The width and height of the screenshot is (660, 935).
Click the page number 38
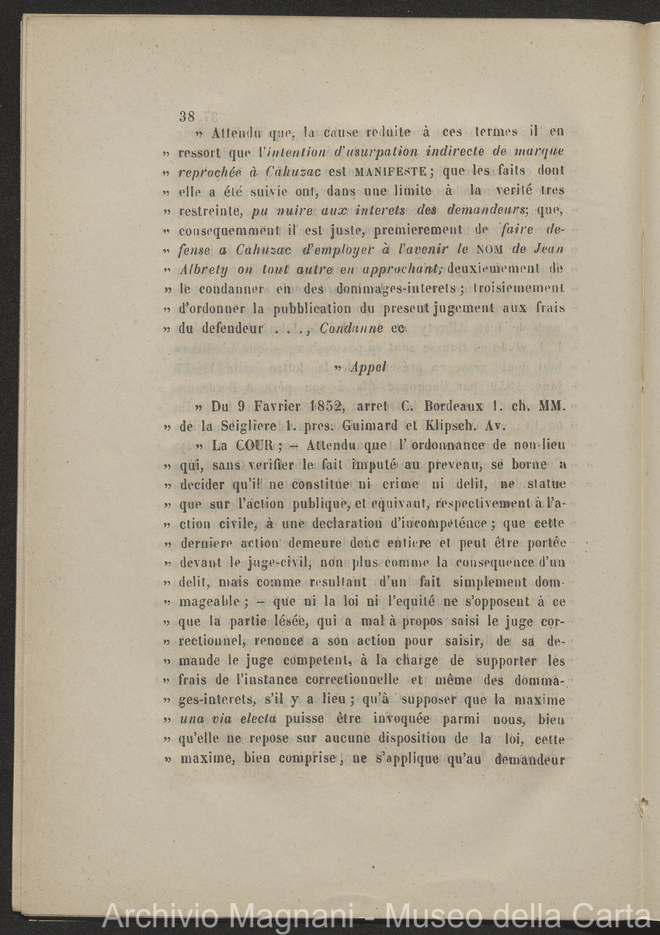tap(186, 117)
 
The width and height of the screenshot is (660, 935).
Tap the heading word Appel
tap(368, 367)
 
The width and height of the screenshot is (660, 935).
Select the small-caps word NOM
tap(491, 249)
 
